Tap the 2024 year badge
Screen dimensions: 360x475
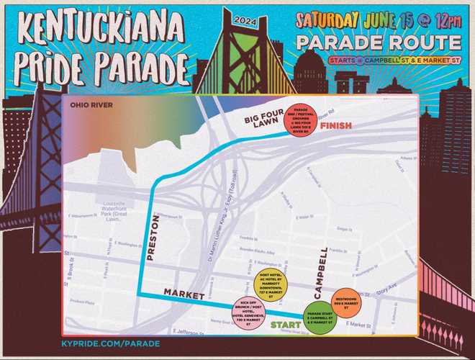[x=245, y=20]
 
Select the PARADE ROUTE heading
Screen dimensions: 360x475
[x=378, y=42]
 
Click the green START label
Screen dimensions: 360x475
[x=286, y=324]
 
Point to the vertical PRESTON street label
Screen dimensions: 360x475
[x=153, y=240]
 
